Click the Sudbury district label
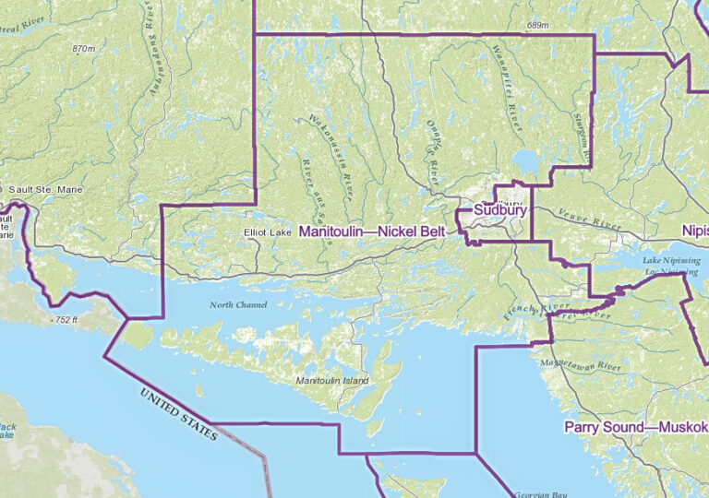[500, 210]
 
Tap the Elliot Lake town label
[267, 232]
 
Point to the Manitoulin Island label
[332, 381]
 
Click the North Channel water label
[238, 304]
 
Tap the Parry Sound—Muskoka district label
[635, 427]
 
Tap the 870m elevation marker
[83, 48]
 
